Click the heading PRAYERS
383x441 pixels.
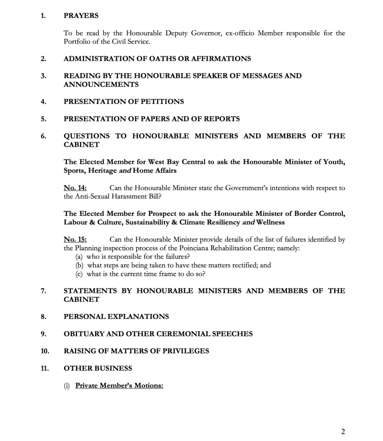click(81, 16)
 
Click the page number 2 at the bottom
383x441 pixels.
click(343, 432)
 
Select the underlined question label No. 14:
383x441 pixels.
click(75, 188)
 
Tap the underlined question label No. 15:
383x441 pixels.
click(75, 239)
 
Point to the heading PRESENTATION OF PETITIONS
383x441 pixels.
click(124, 102)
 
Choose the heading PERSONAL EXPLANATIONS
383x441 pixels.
click(116, 317)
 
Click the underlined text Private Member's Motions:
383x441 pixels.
click(119, 385)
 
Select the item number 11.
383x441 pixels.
click(45, 368)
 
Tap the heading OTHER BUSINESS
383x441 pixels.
click(97, 368)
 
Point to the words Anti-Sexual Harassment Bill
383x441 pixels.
click(112, 197)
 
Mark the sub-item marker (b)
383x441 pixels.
click(79, 265)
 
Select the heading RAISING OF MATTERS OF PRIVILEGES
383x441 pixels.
click(136, 351)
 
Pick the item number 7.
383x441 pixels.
click(43, 291)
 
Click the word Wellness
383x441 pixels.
click(270, 222)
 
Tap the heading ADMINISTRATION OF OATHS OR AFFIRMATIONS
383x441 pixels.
click(157, 59)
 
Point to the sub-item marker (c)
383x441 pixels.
click(79, 274)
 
